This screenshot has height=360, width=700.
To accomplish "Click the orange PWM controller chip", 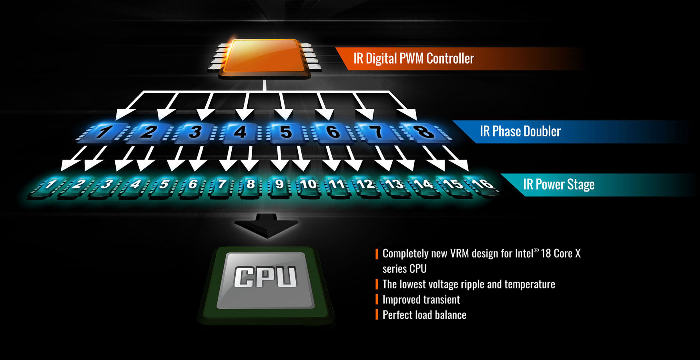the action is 264,58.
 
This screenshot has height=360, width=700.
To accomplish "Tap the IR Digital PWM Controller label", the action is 413,58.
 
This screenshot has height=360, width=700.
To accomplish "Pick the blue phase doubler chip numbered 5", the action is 285,132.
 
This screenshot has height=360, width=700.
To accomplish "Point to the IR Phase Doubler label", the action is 520,131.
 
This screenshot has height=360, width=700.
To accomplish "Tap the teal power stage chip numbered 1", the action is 48,186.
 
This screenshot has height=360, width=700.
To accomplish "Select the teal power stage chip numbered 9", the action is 279,186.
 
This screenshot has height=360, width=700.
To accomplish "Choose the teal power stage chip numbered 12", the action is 365,186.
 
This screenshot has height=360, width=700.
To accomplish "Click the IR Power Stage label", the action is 559,184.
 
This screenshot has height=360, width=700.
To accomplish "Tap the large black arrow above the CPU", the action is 266,226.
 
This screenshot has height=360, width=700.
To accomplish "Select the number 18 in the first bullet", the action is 546,253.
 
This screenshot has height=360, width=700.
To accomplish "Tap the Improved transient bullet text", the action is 421,300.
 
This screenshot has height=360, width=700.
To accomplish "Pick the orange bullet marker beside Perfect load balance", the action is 377,314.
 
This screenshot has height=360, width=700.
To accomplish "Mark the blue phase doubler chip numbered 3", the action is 195,132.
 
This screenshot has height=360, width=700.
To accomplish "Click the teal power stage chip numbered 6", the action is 193,186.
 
